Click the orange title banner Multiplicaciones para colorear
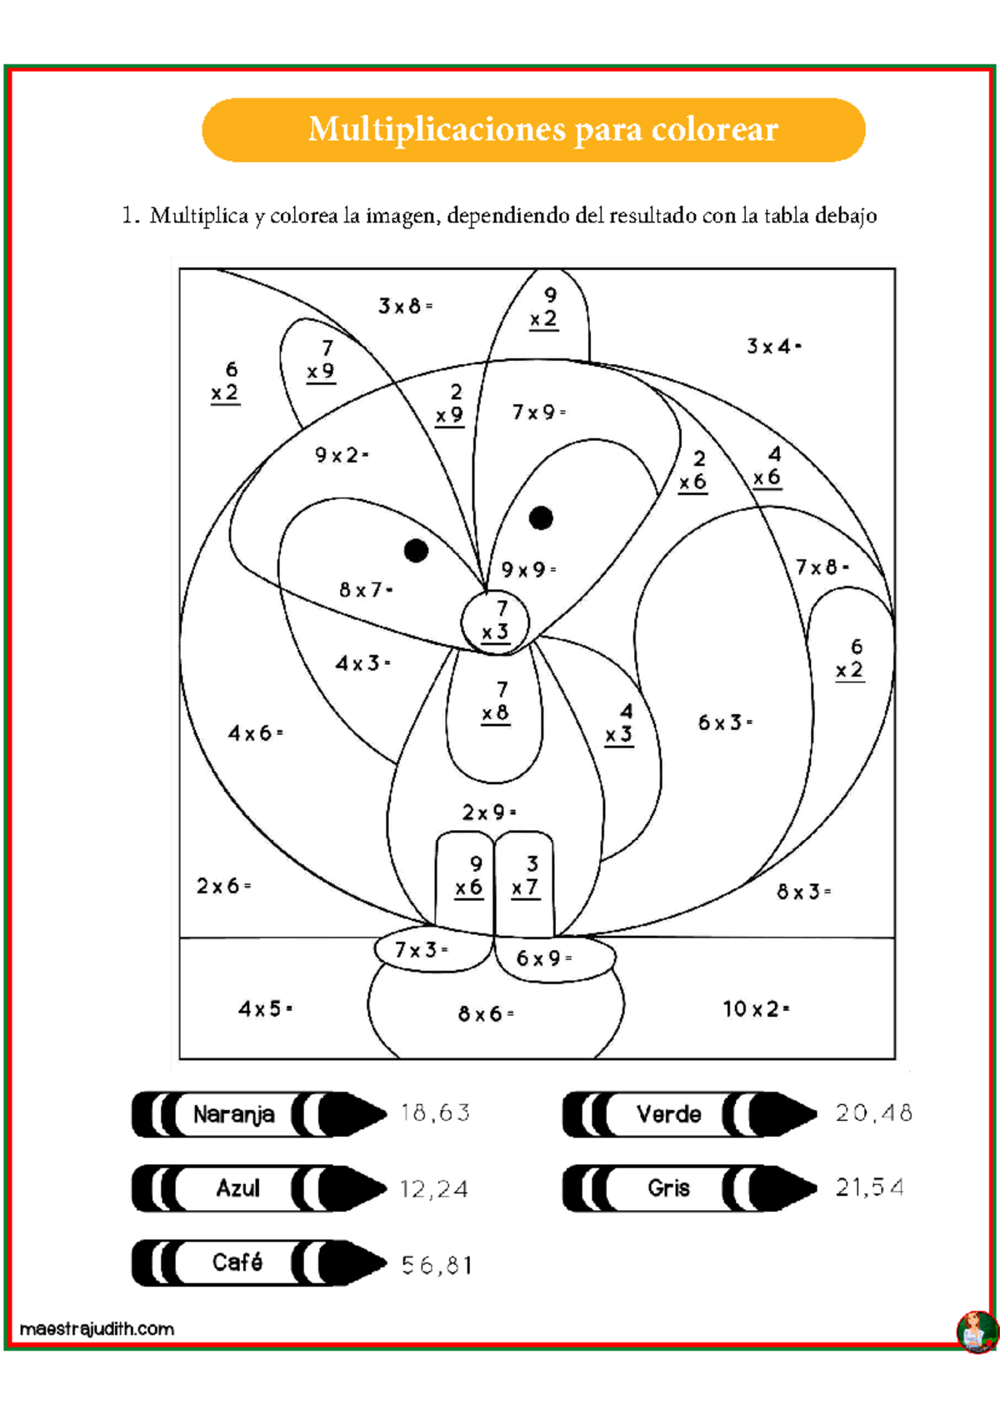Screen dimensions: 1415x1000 point(533,130)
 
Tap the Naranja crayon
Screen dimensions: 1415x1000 point(258,1114)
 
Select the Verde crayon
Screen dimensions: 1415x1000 point(688,1114)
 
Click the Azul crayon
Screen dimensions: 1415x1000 point(258,1188)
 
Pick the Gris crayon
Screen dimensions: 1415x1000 point(688,1188)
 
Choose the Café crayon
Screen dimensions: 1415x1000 point(258,1262)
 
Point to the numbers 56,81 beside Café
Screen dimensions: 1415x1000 point(437,1266)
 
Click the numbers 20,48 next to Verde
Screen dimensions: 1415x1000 point(873,1113)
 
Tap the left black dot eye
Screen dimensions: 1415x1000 point(416,551)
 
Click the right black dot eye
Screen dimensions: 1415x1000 point(541,518)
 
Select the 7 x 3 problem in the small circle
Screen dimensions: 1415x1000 point(496,621)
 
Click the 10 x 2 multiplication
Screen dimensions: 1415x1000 point(755,1009)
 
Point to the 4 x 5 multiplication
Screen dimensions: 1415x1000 point(265,1009)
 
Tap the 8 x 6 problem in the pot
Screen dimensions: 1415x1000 point(485,1014)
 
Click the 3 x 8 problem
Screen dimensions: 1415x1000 point(405,307)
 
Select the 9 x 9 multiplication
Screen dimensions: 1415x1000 point(527,570)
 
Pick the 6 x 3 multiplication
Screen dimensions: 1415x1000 point(724,722)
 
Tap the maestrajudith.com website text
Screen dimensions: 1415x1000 point(97,1328)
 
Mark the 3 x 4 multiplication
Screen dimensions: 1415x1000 point(772,347)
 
